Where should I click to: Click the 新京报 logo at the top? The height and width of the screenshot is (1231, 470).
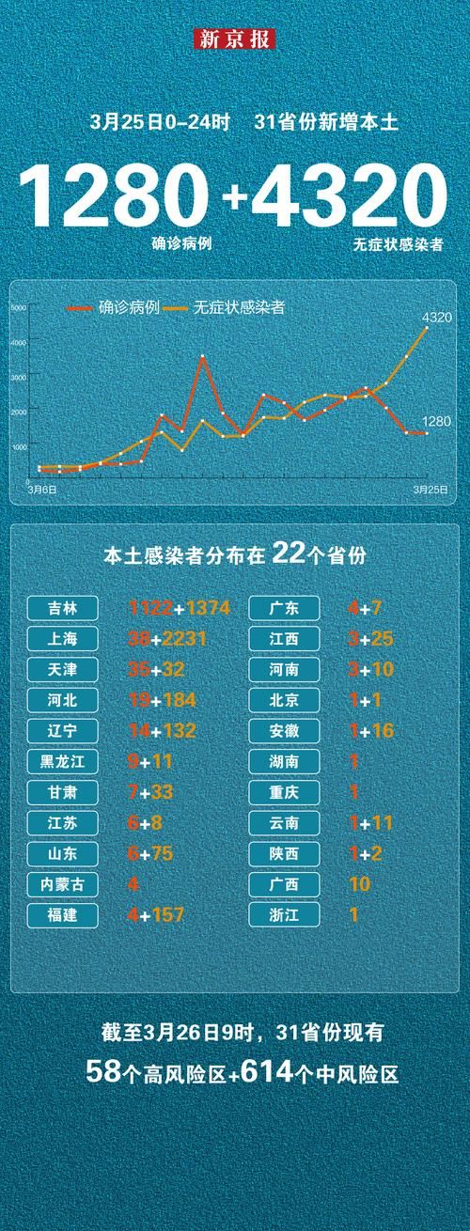(235, 39)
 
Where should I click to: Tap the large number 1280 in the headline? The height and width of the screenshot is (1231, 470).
(113, 198)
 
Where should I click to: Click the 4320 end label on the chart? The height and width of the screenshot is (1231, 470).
(437, 318)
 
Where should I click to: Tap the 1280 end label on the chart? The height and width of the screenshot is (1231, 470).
(437, 422)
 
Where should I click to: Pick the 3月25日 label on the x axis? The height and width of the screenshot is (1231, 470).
(431, 490)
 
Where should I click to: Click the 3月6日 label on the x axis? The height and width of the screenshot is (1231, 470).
(41, 490)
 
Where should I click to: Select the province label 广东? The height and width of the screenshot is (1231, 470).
(285, 609)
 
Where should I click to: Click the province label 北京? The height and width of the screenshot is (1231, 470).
(285, 700)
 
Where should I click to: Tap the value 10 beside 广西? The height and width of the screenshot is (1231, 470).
(359, 884)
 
